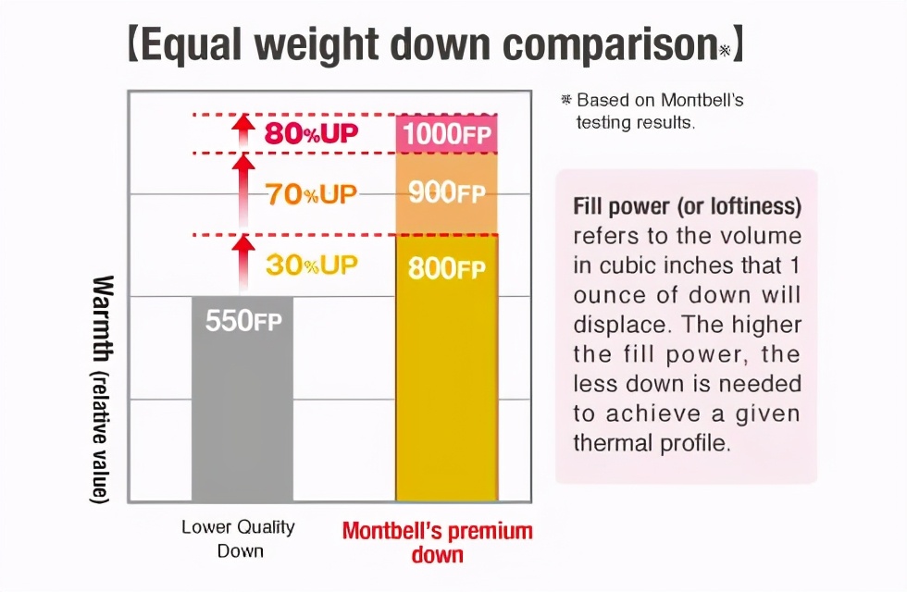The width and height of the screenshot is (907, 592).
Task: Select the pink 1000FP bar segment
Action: click(x=446, y=134)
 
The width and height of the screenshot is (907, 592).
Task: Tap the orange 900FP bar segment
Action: click(x=446, y=193)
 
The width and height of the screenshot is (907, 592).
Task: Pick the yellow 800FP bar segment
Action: click(x=446, y=370)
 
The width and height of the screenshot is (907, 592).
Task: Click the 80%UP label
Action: click(x=311, y=133)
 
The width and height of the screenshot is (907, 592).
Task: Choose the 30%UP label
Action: click(x=311, y=265)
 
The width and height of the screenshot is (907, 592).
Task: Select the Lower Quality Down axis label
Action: click(x=238, y=539)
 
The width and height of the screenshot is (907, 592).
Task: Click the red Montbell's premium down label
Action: click(x=437, y=543)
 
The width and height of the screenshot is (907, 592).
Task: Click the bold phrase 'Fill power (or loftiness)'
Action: click(x=687, y=205)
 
